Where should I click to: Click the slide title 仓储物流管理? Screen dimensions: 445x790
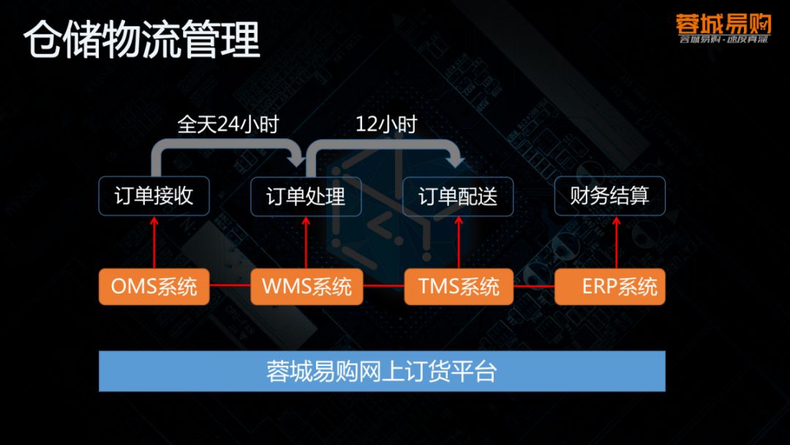142,41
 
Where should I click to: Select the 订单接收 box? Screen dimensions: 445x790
154,196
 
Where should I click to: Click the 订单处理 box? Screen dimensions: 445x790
306,196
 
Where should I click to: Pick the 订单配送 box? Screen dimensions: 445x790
458,196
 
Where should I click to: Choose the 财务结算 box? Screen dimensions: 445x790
609,196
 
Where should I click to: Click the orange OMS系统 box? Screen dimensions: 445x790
154,286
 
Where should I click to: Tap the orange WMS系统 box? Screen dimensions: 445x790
306,286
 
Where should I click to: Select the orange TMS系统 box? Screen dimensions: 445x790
459,286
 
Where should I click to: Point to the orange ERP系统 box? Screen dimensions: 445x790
610,286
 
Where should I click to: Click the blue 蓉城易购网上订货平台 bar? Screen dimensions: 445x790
382,371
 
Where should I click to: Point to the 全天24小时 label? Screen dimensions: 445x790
228,124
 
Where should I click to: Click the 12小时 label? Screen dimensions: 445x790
385,124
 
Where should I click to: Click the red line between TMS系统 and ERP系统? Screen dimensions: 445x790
534,286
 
